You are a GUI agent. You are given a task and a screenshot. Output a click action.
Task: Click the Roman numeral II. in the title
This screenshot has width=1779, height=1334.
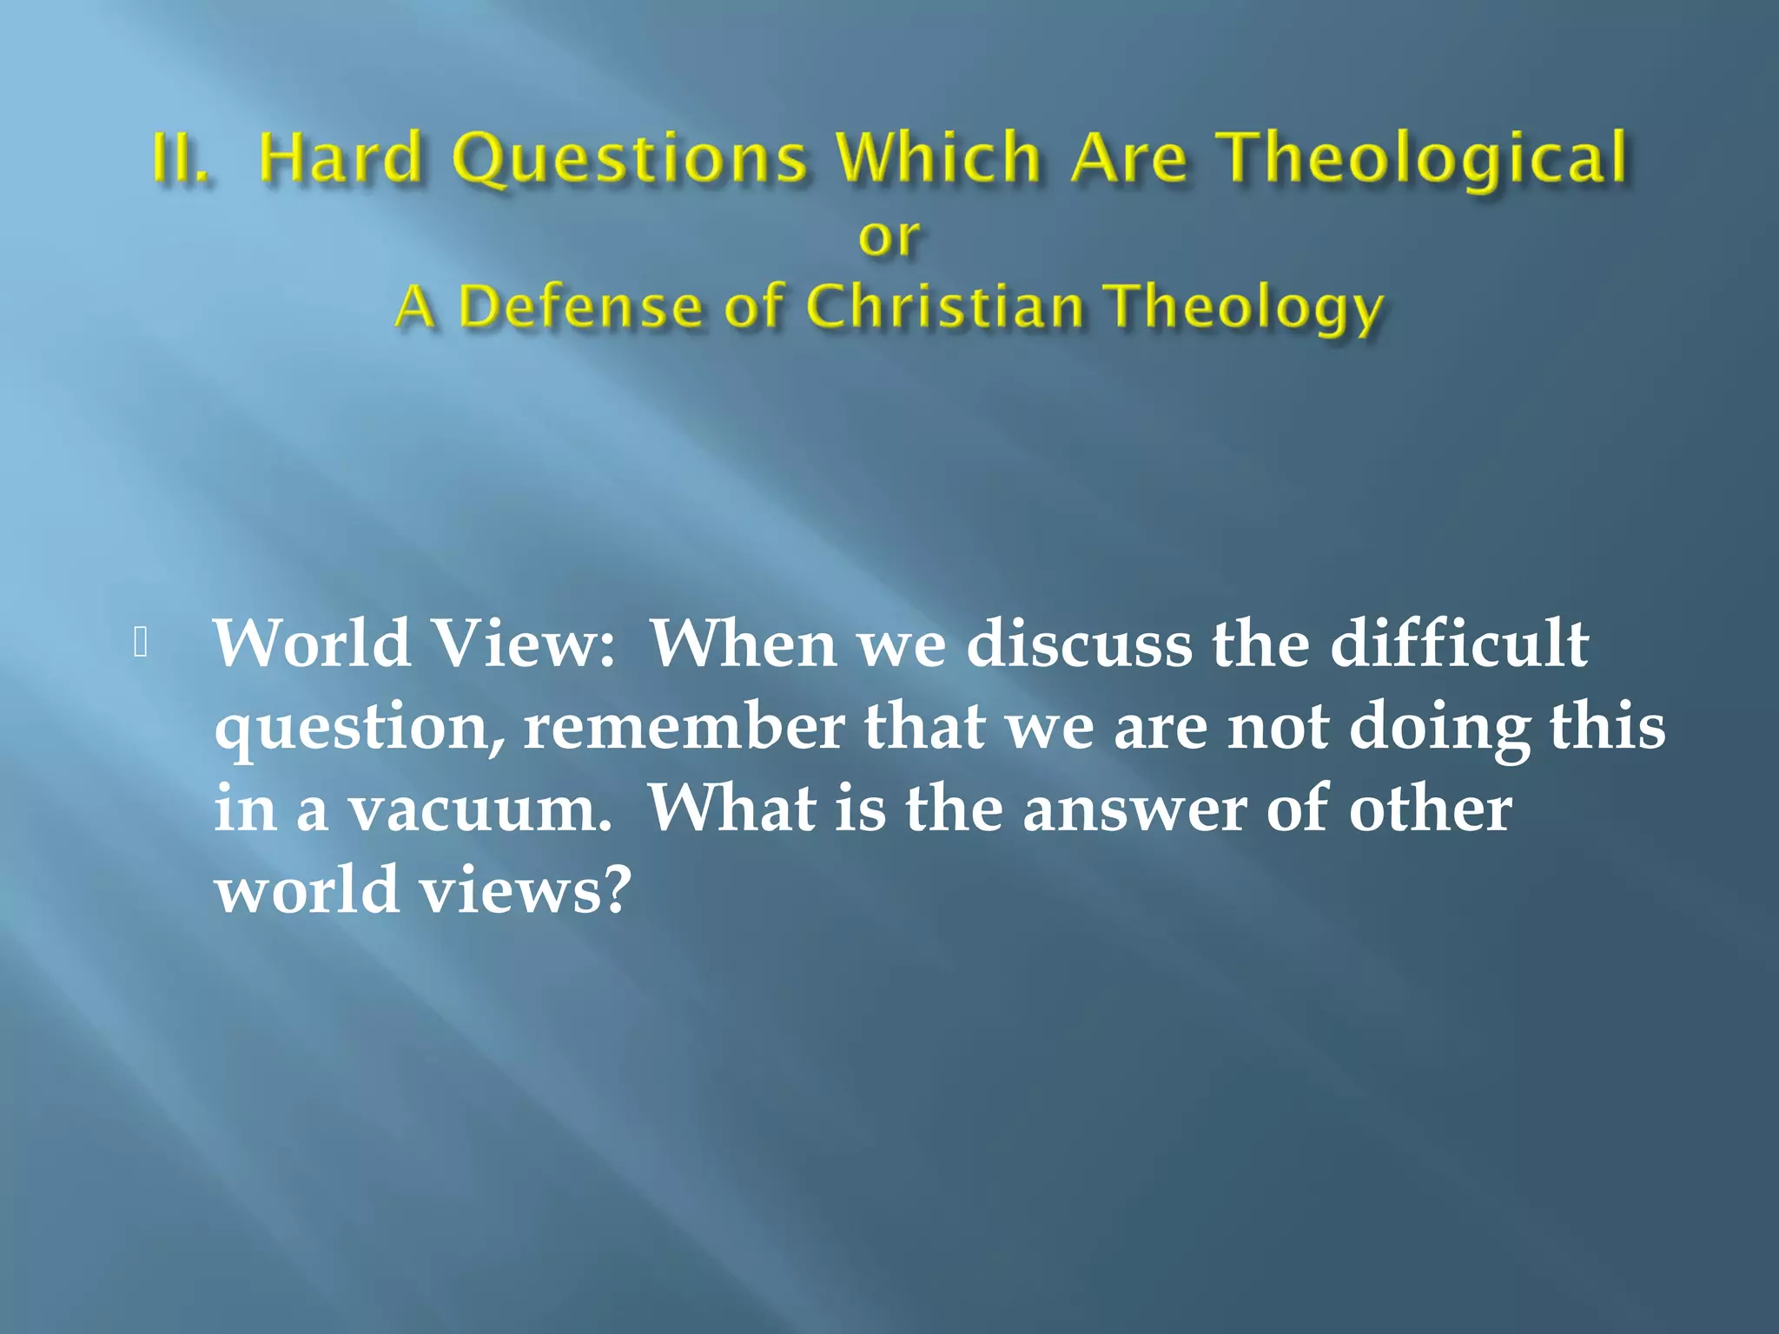pyautogui.click(x=180, y=159)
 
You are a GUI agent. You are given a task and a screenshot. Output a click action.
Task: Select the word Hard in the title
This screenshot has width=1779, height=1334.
pyautogui.click(x=340, y=159)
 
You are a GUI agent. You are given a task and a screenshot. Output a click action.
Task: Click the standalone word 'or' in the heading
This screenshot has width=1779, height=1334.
pyautogui.click(x=889, y=237)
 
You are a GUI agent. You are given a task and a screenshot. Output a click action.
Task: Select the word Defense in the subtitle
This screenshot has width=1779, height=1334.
pyautogui.click(x=579, y=307)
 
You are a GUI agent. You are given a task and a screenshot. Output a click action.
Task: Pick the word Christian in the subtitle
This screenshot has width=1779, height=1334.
pyautogui.click(x=945, y=307)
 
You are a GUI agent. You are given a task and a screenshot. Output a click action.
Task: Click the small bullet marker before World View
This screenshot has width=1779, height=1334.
pyautogui.click(x=142, y=642)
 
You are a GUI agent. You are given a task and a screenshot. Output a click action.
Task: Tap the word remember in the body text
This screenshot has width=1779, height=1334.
pyautogui.click(x=684, y=726)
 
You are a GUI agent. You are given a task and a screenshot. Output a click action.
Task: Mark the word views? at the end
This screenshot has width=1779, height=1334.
pyautogui.click(x=524, y=891)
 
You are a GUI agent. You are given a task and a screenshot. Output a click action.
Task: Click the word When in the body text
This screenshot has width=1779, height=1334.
pyautogui.click(x=744, y=644)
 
